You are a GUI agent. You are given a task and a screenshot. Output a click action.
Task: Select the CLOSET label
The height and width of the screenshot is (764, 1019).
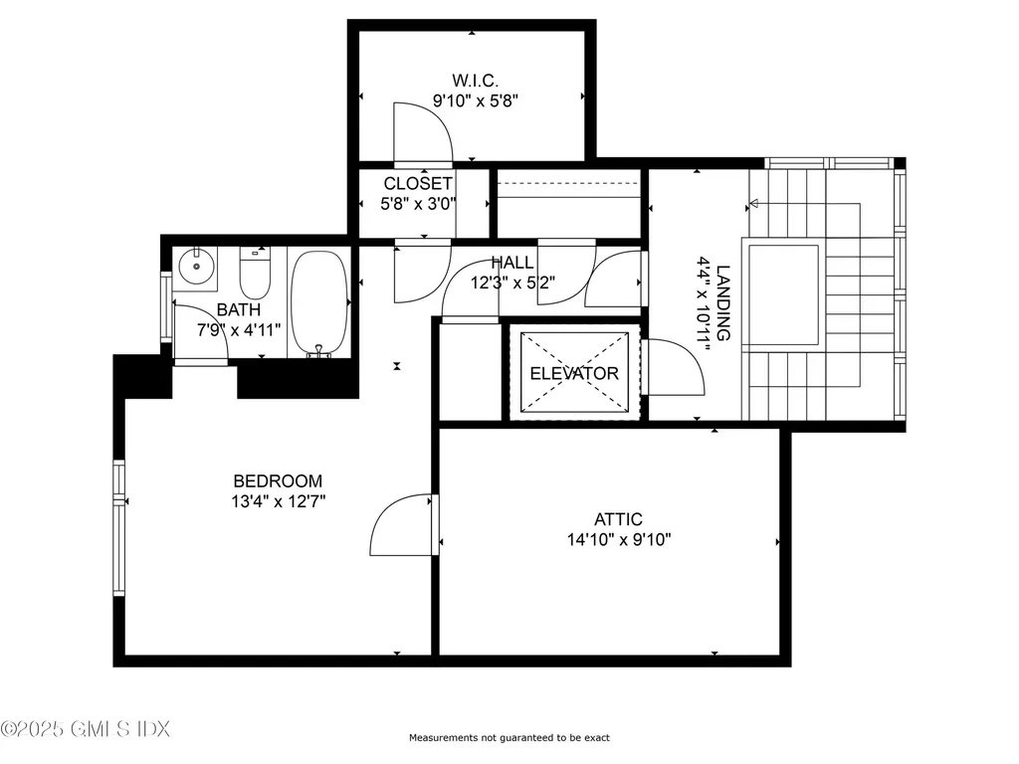(x=418, y=184)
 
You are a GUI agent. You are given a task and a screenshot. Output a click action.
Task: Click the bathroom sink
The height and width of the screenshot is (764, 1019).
(x=198, y=265)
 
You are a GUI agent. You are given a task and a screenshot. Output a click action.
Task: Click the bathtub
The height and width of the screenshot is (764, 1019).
(x=318, y=303)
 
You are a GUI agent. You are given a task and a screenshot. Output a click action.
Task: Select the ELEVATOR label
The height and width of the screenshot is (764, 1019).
(x=574, y=374)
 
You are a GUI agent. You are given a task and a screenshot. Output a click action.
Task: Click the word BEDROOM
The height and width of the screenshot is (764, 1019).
(x=279, y=481)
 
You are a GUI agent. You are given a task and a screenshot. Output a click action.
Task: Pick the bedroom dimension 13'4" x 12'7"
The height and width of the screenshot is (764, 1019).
(x=279, y=502)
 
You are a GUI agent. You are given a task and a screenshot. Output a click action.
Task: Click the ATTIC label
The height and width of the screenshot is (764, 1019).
(x=618, y=519)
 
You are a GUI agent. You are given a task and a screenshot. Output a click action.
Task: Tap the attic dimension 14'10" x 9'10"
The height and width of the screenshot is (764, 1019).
(x=618, y=540)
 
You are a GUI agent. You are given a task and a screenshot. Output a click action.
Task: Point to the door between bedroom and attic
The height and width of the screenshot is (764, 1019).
(x=402, y=525)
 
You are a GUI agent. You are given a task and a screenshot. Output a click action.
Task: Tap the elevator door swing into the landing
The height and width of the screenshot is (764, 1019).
(x=675, y=368)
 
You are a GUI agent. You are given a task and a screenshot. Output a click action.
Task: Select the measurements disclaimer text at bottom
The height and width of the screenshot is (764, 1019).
(x=509, y=738)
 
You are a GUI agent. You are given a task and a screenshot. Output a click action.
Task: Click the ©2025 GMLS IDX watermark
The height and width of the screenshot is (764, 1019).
(x=86, y=729)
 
